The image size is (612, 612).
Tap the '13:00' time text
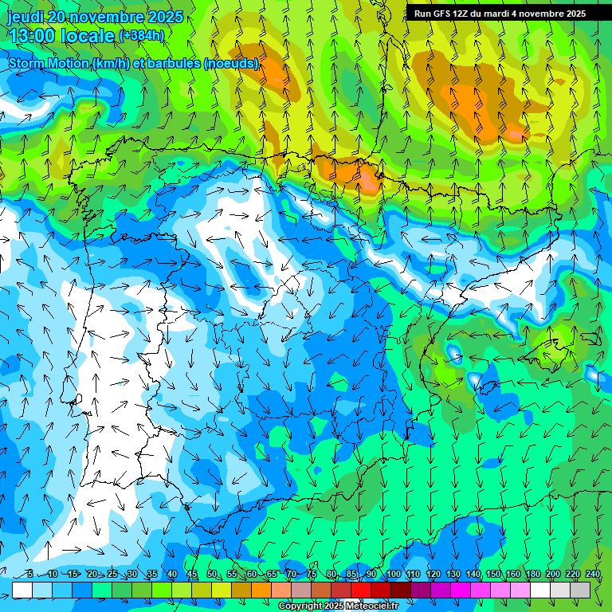click(32, 36)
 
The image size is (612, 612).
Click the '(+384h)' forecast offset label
click(141, 35)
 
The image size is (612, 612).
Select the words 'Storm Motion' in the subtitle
click(49, 63)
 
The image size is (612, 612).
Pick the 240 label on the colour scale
click(592, 574)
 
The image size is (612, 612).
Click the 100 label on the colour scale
click(393, 574)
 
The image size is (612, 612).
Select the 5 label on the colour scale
click(30, 574)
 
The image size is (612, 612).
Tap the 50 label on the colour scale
click(212, 574)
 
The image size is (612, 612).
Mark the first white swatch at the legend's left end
click(22, 590)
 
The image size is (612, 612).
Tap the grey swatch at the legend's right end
click(580, 590)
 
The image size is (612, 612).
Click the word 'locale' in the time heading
click(88, 36)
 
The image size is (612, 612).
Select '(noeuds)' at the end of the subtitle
click(231, 63)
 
